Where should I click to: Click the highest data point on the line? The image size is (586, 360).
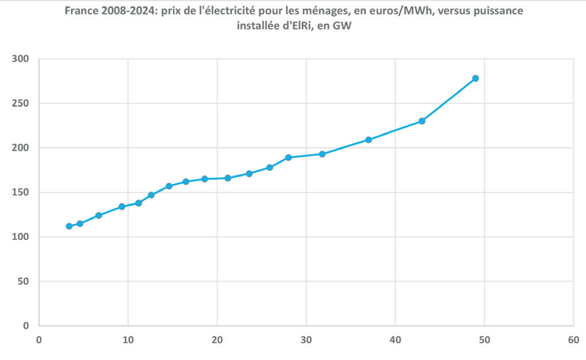pos(475,79)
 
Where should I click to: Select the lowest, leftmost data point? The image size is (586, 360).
pos(69,226)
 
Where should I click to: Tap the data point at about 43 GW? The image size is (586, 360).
pos(422,121)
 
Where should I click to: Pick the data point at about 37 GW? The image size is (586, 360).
pos(368,140)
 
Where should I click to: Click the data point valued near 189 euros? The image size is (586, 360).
pos(288,158)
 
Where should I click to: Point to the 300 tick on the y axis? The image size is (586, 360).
pos(20,59)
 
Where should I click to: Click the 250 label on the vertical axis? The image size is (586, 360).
pos(20,104)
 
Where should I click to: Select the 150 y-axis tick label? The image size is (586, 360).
pos(20,193)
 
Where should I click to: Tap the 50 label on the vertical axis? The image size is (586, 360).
pos(23,281)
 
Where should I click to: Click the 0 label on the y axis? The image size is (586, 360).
pos(26,326)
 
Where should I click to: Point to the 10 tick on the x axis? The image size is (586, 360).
pos(128,340)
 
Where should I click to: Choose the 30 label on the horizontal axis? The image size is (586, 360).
pos(306,340)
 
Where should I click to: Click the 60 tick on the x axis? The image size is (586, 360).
pos(573,340)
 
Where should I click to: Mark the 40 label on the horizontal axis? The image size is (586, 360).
pos(395,340)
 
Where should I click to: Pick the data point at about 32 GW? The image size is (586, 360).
pos(322,154)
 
